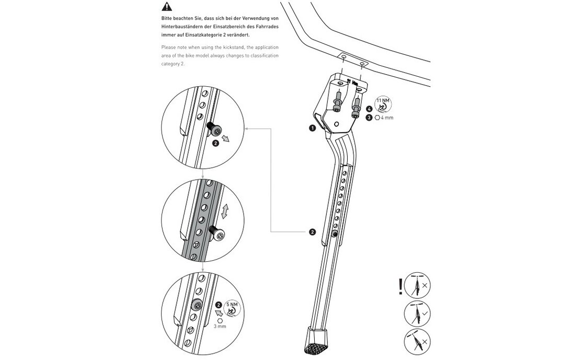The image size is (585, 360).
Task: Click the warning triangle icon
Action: click(x=167, y=7)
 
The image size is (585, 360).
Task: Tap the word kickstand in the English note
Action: click(x=229, y=47)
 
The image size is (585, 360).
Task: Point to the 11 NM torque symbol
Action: click(x=383, y=103)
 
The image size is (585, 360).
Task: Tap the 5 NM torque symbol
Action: click(x=232, y=307)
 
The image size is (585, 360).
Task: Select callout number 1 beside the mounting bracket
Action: click(x=312, y=127)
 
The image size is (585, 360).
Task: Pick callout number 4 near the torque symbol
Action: click(x=369, y=109)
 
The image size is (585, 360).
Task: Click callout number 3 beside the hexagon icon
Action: click(x=369, y=118)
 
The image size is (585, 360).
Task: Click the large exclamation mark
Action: click(x=400, y=286)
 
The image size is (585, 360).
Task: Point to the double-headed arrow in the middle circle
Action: click(x=225, y=212)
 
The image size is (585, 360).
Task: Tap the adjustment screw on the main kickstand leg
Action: click(x=335, y=238)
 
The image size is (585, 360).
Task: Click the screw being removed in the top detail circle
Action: click(x=214, y=129)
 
